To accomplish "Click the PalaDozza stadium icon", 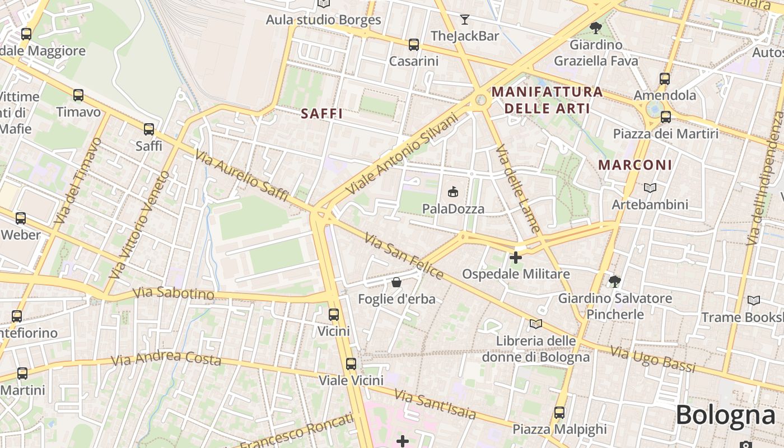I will point(452,192).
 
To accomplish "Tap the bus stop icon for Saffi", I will point(149,129).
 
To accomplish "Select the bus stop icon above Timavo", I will point(78,95).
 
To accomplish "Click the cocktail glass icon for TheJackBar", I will point(465,20).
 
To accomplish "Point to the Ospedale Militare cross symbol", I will point(516,258).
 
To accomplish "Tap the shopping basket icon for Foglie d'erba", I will point(396,282).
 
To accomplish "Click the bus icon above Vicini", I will point(334,314).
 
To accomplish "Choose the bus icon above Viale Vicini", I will point(351,363).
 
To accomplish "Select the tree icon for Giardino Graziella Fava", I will point(596,27).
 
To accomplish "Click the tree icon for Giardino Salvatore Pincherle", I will point(615,281).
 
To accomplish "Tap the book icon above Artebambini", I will point(650,188).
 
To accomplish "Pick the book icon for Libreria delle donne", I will point(536,324).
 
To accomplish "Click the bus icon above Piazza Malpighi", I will point(559,413).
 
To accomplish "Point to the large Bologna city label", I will point(725,415).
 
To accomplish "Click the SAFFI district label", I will point(321,114).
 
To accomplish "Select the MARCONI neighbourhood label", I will point(635,165).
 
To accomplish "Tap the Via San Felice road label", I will point(404,256).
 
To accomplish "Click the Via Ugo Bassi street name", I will point(652,359).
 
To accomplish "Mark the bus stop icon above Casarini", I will point(414,45).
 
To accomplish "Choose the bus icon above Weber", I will point(21,218).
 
